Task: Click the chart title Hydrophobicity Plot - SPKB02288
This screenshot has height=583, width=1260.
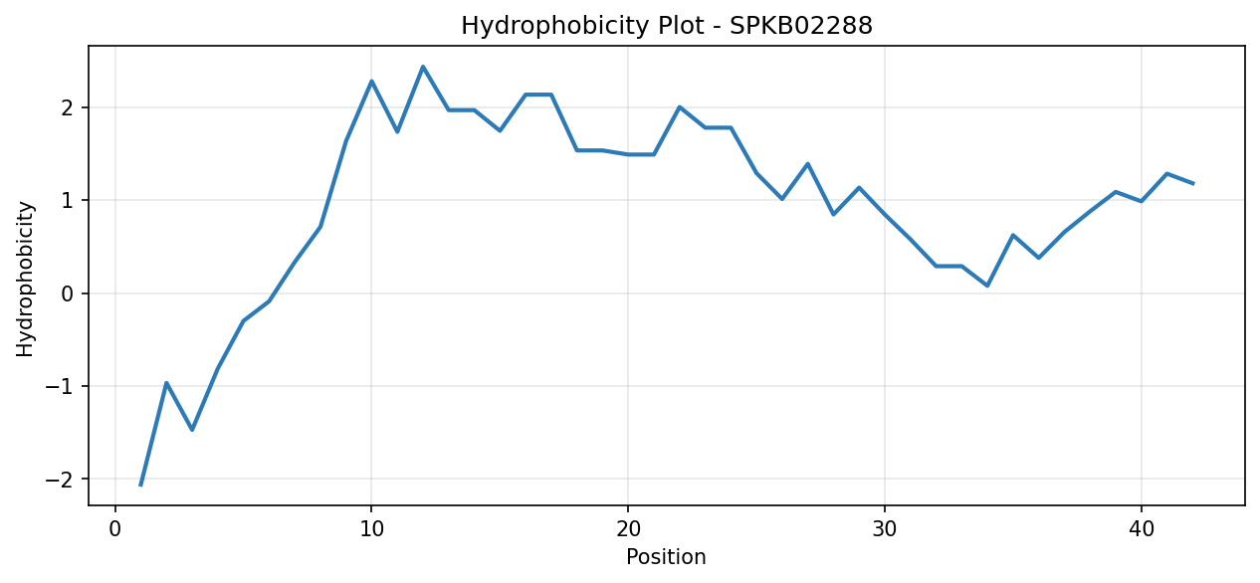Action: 667,26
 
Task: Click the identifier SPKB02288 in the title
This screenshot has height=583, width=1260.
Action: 801,26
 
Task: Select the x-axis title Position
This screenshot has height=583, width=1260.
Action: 666,557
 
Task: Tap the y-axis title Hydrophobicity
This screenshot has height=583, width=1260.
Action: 25,279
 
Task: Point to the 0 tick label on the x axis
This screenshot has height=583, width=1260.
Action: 115,529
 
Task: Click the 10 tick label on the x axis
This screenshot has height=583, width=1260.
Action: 371,529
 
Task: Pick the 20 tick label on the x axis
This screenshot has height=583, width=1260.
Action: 628,529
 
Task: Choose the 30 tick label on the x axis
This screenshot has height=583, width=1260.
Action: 885,529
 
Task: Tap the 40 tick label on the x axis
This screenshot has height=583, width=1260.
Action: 1142,529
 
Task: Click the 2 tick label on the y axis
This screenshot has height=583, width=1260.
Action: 68,107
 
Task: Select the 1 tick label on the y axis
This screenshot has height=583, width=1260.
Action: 68,200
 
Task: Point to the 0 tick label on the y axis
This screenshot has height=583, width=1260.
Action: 68,293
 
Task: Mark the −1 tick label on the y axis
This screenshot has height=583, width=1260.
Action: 60,386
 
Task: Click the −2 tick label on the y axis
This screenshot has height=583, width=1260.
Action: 60,479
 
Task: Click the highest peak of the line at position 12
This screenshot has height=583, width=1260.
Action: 423,67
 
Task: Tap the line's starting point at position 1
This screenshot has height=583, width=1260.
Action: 140,486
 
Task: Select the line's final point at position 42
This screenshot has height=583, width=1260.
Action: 1193,183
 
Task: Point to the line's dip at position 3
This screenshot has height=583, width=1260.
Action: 192,430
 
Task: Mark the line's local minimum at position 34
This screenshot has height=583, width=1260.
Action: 987,286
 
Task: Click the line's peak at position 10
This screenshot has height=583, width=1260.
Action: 371,81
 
